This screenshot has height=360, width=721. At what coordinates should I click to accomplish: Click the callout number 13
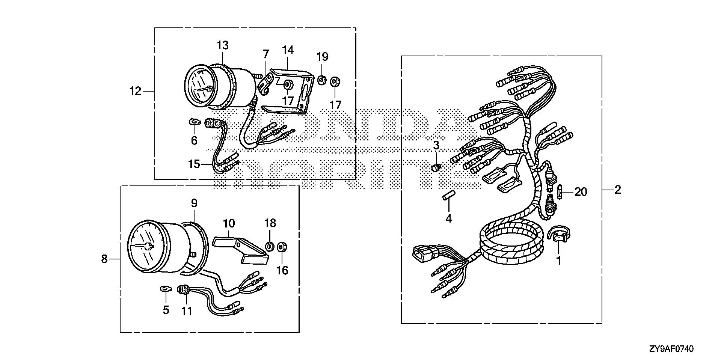pyautogui.click(x=222, y=45)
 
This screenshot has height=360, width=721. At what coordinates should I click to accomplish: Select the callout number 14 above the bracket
pyautogui.click(x=288, y=50)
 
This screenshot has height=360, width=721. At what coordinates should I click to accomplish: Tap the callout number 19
pyautogui.click(x=322, y=57)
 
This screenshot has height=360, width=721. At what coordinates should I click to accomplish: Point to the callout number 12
pyautogui.click(x=136, y=91)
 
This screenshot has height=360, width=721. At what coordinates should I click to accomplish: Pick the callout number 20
pyautogui.click(x=581, y=192)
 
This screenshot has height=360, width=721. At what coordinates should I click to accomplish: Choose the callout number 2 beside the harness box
pyautogui.click(x=618, y=190)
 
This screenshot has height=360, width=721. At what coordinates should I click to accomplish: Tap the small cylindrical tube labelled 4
pyautogui.click(x=448, y=196)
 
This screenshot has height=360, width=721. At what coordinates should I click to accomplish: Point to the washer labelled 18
pyautogui.click(x=270, y=247)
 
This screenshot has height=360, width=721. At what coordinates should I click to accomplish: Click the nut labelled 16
pyautogui.click(x=281, y=247)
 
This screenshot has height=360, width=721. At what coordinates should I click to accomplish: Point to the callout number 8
pyautogui.click(x=104, y=259)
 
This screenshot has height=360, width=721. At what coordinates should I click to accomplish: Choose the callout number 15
pyautogui.click(x=195, y=164)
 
